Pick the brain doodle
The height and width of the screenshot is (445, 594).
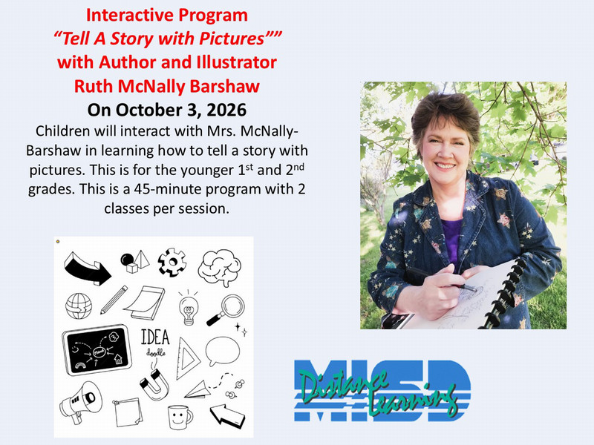click(220, 268)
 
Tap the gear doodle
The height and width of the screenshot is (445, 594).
click(172, 262)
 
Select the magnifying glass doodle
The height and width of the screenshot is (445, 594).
click(226, 310)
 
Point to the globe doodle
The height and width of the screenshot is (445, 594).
click(79, 306)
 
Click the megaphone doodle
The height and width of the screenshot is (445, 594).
click(81, 401)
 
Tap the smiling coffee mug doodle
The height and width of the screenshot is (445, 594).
click(180, 417)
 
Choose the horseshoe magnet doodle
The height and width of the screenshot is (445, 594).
click(154, 384)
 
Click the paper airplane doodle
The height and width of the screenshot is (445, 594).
click(198, 390)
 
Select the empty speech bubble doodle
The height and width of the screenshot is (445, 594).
click(222, 351)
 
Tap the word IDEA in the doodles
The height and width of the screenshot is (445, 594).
click(155, 337)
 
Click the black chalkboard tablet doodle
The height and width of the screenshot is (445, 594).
click(97, 349)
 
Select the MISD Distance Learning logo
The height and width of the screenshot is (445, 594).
click(382, 391)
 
